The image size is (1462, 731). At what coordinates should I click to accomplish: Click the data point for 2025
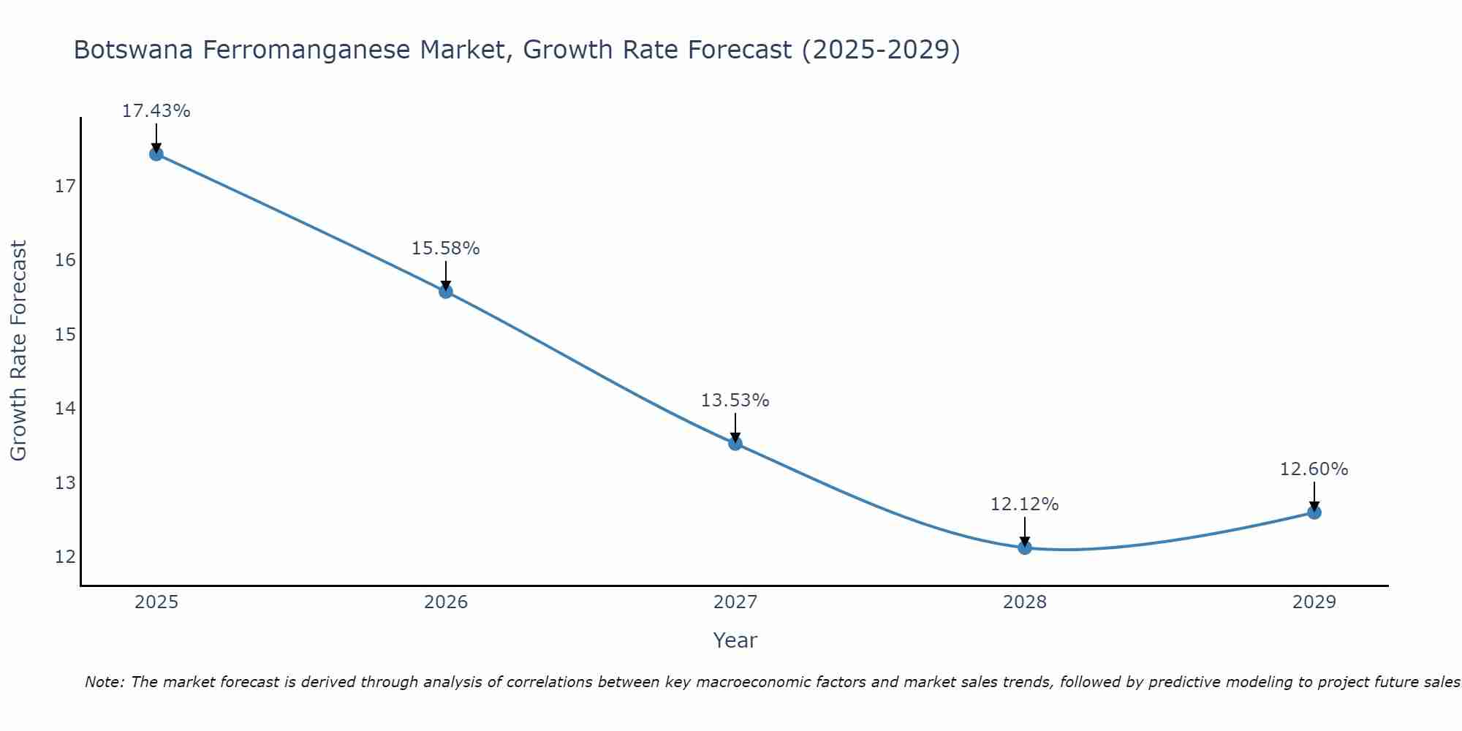tap(156, 154)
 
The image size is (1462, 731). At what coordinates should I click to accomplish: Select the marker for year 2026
tap(446, 292)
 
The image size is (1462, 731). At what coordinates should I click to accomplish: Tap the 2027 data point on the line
tap(735, 443)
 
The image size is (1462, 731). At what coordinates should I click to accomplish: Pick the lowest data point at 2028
tap(1025, 548)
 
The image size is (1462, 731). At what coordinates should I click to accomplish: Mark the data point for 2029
tap(1314, 512)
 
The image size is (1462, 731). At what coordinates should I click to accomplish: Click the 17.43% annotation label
tap(156, 111)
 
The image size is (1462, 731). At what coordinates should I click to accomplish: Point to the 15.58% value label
tap(445, 249)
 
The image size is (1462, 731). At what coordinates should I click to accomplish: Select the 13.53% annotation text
tap(735, 401)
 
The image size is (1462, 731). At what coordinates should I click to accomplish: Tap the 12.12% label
tap(1024, 504)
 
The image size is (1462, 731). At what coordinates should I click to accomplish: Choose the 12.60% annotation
tap(1314, 469)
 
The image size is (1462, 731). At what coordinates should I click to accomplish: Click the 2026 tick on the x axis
tap(446, 602)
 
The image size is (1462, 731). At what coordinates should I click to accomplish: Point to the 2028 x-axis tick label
tap(1025, 602)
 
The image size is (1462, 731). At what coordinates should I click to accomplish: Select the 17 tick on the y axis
tap(65, 186)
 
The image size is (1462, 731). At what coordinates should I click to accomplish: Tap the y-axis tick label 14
tap(65, 409)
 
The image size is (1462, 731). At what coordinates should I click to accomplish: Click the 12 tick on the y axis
tap(65, 557)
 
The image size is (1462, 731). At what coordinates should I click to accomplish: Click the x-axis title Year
tap(735, 640)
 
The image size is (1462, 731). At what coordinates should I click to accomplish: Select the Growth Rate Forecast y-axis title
tap(18, 351)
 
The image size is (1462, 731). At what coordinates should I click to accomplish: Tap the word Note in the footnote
tap(104, 682)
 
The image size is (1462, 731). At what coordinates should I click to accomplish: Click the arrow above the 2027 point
tap(735, 427)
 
